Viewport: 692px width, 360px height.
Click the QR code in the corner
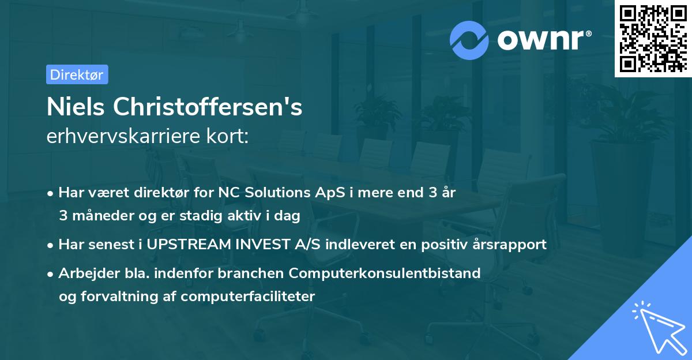coord(653,38)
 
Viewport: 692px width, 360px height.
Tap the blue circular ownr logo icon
coord(470,40)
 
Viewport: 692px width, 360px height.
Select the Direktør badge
coord(77,74)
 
